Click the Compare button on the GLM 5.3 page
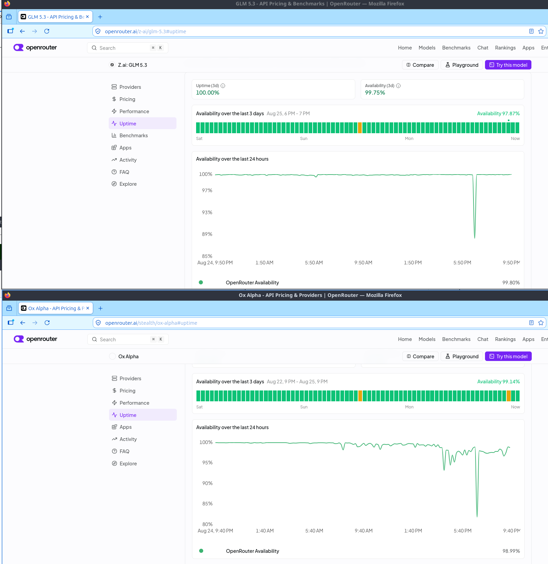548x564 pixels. click(x=420, y=65)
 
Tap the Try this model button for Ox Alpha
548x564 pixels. click(x=508, y=356)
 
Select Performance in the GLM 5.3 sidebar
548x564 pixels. click(x=134, y=111)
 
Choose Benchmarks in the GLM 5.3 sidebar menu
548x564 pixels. click(x=133, y=135)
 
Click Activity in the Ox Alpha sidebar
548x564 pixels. click(x=128, y=439)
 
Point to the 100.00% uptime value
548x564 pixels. click(x=208, y=93)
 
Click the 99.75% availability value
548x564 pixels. click(x=375, y=93)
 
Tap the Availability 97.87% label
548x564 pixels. click(x=498, y=114)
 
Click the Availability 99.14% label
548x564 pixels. click(x=499, y=382)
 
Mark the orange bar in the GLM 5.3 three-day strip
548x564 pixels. click(x=360, y=128)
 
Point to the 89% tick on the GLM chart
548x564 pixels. click(x=207, y=234)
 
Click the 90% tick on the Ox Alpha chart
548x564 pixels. click(x=207, y=483)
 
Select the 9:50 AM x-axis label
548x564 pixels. click(x=363, y=263)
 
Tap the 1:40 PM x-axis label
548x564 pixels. click(x=413, y=531)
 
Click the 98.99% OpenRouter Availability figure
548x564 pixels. click(x=511, y=551)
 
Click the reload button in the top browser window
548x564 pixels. click(x=47, y=31)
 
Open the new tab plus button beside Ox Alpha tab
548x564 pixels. click(x=100, y=308)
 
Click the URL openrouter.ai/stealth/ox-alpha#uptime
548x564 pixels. click(x=151, y=323)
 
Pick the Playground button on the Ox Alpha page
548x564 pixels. click(x=462, y=356)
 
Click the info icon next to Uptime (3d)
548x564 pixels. click(x=223, y=86)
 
